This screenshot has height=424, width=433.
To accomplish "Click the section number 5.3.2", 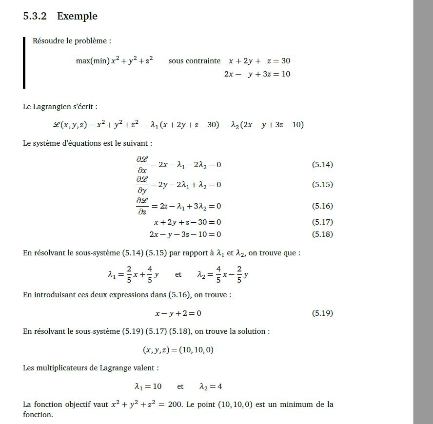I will click(35, 16).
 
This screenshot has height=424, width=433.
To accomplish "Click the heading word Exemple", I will click(77, 16).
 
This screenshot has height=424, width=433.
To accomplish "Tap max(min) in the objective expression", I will click(93, 61).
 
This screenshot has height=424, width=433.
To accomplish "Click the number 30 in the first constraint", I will click(285, 61).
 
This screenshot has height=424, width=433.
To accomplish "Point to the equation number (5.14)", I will click(322, 165).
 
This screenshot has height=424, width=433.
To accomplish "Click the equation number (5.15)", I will click(322, 185).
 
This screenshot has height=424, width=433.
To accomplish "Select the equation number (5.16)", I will click(322, 206).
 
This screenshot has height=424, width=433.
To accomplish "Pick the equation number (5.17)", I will click(322, 222).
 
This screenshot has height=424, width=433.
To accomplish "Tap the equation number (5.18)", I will click(322, 234).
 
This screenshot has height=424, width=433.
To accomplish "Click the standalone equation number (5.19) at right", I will click(322, 313).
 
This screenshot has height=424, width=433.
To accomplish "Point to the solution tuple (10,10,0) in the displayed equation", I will click(197, 350).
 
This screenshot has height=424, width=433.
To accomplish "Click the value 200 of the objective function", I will click(175, 405).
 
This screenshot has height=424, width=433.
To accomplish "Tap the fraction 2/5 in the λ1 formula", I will click(129, 274).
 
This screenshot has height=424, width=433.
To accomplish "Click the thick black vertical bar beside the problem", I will click(24, 63).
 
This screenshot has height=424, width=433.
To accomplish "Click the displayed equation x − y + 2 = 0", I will click(178, 313).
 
